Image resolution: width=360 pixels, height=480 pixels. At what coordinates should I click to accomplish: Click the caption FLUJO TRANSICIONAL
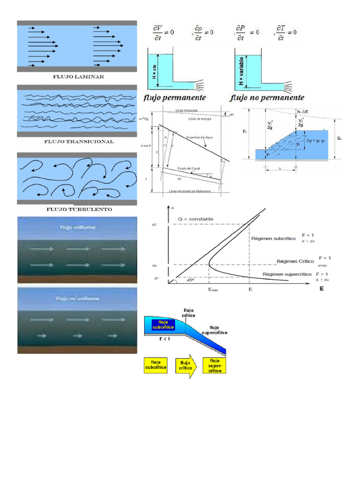[x=79, y=141]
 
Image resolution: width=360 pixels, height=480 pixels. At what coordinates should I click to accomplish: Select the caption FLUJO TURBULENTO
[x=79, y=209]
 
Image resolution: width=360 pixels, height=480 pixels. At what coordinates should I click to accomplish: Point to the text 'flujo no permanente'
[x=267, y=98]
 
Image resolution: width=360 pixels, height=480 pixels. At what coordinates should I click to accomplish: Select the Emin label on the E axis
[x=213, y=290]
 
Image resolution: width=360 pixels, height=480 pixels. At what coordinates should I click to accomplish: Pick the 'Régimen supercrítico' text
[x=287, y=274]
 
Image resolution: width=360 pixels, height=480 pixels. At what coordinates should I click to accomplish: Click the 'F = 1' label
[x=325, y=258]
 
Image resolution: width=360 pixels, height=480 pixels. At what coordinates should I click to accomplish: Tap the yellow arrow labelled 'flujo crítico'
[x=185, y=366]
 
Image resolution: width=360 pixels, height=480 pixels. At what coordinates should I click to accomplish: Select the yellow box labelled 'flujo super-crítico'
[x=214, y=365]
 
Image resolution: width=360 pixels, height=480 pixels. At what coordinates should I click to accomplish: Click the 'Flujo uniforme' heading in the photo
[x=77, y=228]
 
